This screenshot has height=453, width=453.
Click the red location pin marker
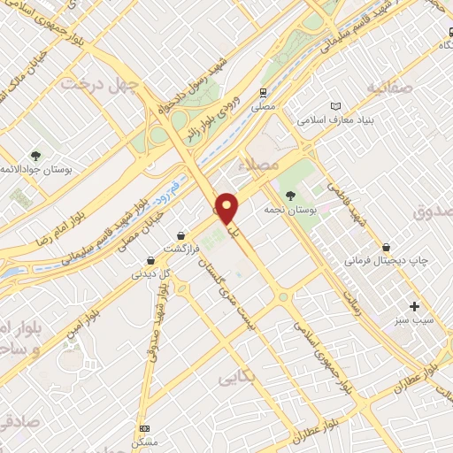227,207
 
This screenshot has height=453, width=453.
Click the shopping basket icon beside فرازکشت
181,236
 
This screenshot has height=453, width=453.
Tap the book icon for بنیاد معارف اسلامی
334,106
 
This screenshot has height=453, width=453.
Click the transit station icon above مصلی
263,92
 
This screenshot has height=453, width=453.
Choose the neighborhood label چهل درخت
91,84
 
